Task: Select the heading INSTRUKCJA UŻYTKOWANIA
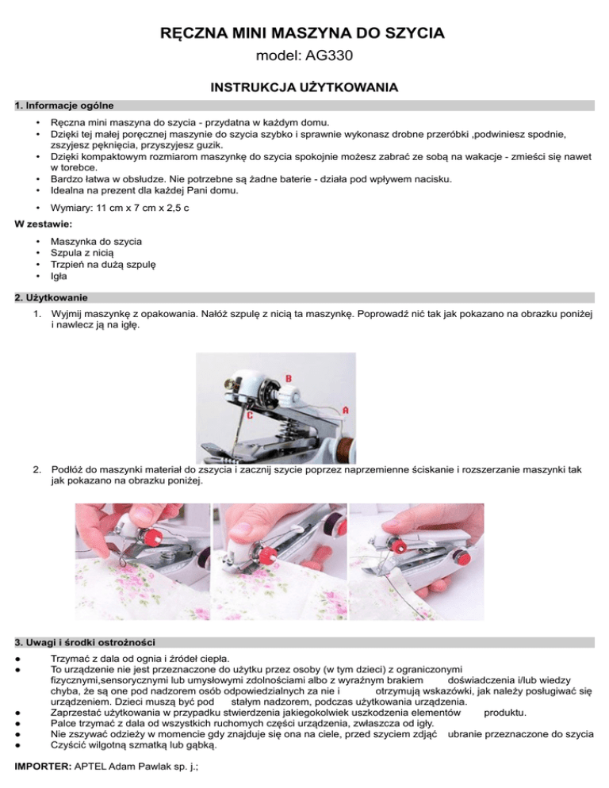click(304, 86)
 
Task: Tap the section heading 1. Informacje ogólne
click(65, 105)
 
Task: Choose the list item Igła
click(59, 277)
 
